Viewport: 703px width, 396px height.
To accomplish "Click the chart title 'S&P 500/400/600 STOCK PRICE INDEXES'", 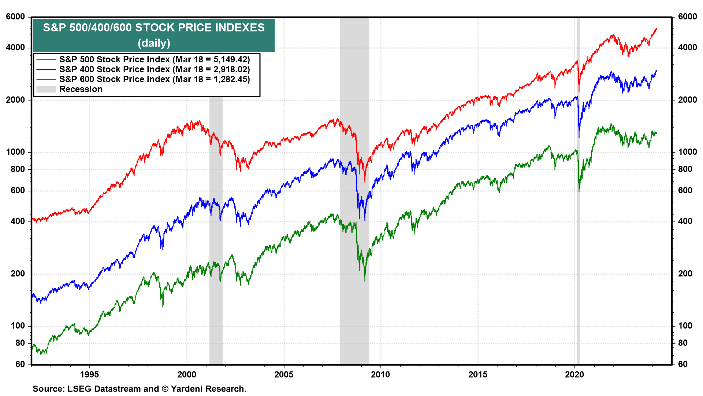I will (x=154, y=28).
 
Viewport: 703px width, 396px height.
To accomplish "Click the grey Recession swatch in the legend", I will (x=46, y=89).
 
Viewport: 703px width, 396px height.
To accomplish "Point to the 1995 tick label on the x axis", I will (x=89, y=374).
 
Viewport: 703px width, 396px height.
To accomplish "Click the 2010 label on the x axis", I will (x=380, y=374).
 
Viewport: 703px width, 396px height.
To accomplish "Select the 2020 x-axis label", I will (x=574, y=374).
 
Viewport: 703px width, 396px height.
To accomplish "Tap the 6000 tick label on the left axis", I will (x=15, y=16).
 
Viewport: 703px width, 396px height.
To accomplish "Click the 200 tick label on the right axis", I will (x=685, y=274).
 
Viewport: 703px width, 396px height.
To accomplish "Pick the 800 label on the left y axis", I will (x=18, y=169).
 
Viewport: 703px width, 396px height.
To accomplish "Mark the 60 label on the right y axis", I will (x=683, y=364).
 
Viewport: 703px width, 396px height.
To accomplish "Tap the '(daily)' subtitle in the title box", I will (x=154, y=43).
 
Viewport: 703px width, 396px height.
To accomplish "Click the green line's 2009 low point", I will (x=365, y=281).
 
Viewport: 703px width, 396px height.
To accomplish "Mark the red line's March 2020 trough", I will (x=579, y=91).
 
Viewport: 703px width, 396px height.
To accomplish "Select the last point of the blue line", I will (x=656, y=71).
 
